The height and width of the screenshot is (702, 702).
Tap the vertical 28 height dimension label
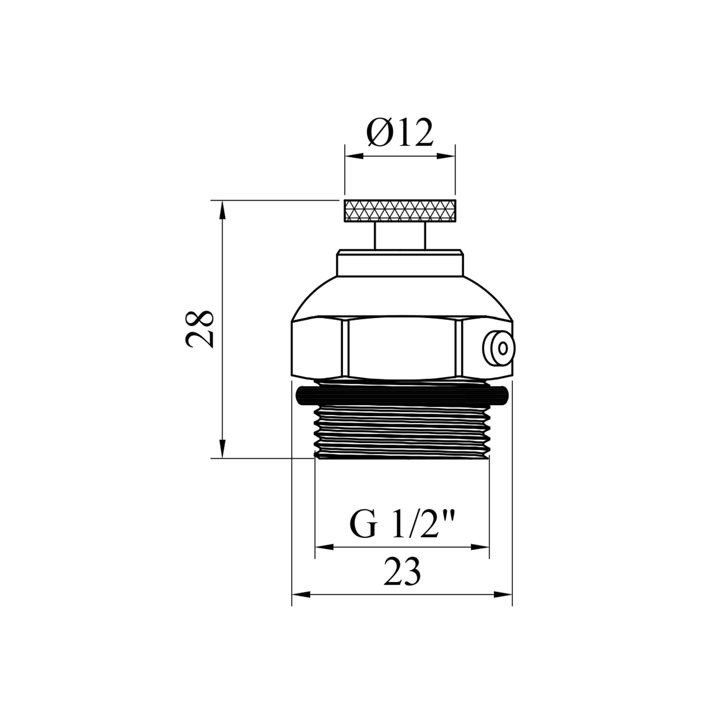(x=200, y=328)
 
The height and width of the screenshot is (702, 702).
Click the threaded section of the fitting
(x=402, y=432)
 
